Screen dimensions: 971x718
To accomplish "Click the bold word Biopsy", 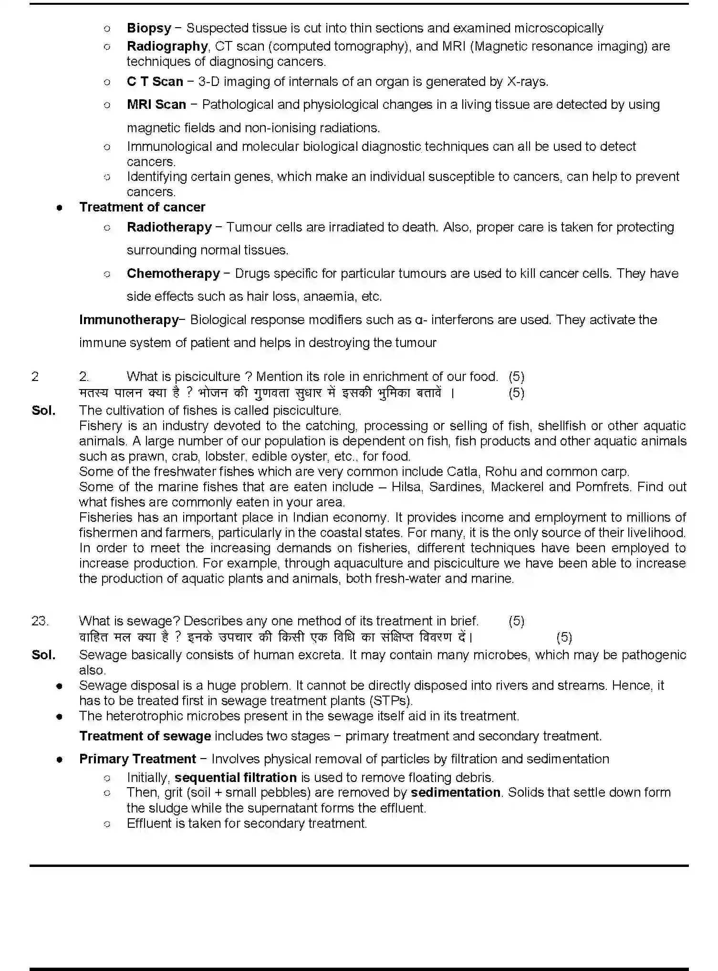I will click(149, 28).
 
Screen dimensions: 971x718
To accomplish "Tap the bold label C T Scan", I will click(155, 82).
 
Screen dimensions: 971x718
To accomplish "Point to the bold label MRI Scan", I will click(156, 105).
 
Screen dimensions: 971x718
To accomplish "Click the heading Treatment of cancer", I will click(142, 207).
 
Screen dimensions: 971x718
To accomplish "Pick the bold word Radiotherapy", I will click(169, 227).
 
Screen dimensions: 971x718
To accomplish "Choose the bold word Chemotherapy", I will click(173, 274).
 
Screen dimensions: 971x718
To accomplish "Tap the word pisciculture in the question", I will click(208, 377).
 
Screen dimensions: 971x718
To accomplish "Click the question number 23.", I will click(40, 621).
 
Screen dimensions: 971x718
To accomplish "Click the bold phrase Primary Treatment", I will click(137, 759).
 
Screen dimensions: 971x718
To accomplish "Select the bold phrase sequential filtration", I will click(236, 778).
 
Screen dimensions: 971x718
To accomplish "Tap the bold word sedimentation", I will click(456, 792).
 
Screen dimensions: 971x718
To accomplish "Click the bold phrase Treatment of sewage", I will click(145, 736).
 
